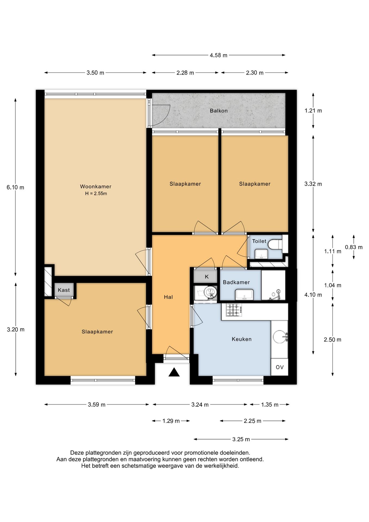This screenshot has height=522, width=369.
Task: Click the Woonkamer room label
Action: pyautogui.click(x=96, y=187)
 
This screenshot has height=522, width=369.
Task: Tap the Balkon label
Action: pyautogui.click(x=219, y=111)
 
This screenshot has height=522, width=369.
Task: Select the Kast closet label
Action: pyautogui.click(x=64, y=290)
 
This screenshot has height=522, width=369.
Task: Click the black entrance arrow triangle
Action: pyautogui.click(x=174, y=372)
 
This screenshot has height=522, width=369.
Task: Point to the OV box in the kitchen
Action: pyautogui.click(x=280, y=367)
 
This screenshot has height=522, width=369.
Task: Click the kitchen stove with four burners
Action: pyautogui.click(x=234, y=310)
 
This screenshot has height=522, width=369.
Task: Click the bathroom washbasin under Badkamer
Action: pyautogui.click(x=244, y=294)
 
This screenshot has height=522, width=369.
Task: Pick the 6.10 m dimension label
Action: pyautogui.click(x=15, y=187)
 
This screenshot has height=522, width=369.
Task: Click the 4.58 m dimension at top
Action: pyautogui.click(x=218, y=55)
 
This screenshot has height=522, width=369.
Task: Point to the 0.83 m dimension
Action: pyautogui.click(x=354, y=247)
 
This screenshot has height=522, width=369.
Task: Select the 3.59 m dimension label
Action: pyautogui.click(x=96, y=405)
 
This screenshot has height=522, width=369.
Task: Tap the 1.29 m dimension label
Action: pyautogui.click(x=171, y=421)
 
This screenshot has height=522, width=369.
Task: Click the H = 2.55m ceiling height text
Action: pyautogui.click(x=96, y=194)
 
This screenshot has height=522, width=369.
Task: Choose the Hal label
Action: pyautogui.click(x=168, y=297)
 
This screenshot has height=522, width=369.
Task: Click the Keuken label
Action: pyautogui.click(x=242, y=339)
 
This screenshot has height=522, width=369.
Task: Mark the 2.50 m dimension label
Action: pyautogui.click(x=332, y=340)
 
